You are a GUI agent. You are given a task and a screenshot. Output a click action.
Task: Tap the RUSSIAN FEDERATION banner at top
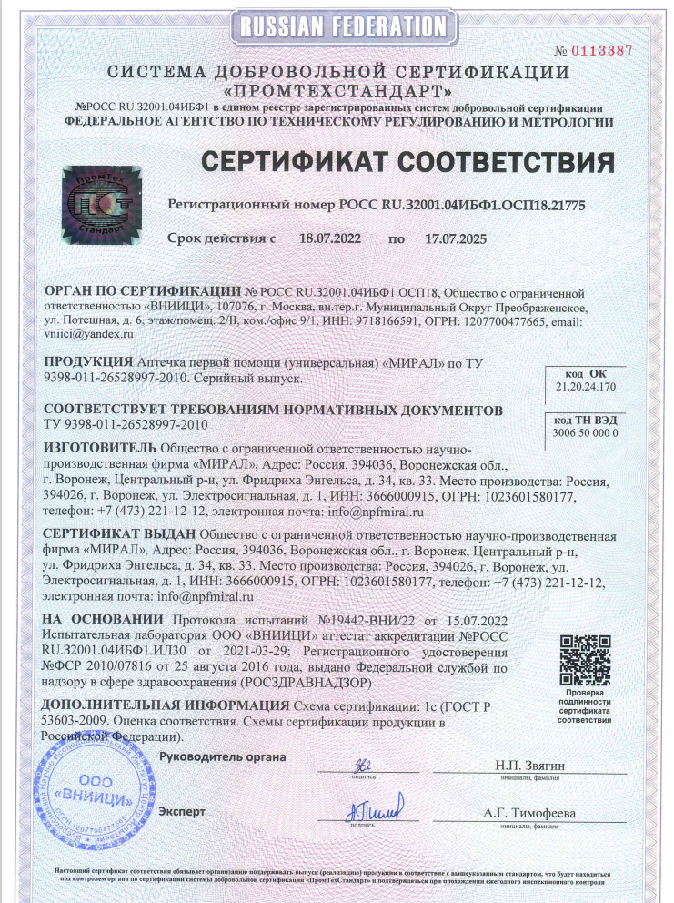[x=337, y=24]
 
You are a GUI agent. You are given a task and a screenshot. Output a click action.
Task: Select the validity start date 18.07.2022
[x=330, y=238]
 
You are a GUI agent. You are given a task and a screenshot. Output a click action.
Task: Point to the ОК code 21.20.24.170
[x=585, y=386]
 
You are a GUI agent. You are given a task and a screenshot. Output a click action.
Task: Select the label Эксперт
[x=182, y=810]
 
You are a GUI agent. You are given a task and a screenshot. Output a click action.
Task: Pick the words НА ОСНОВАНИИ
[x=93, y=619]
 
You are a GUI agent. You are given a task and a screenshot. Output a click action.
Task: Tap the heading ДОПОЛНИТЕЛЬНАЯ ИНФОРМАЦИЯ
[x=166, y=705]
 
